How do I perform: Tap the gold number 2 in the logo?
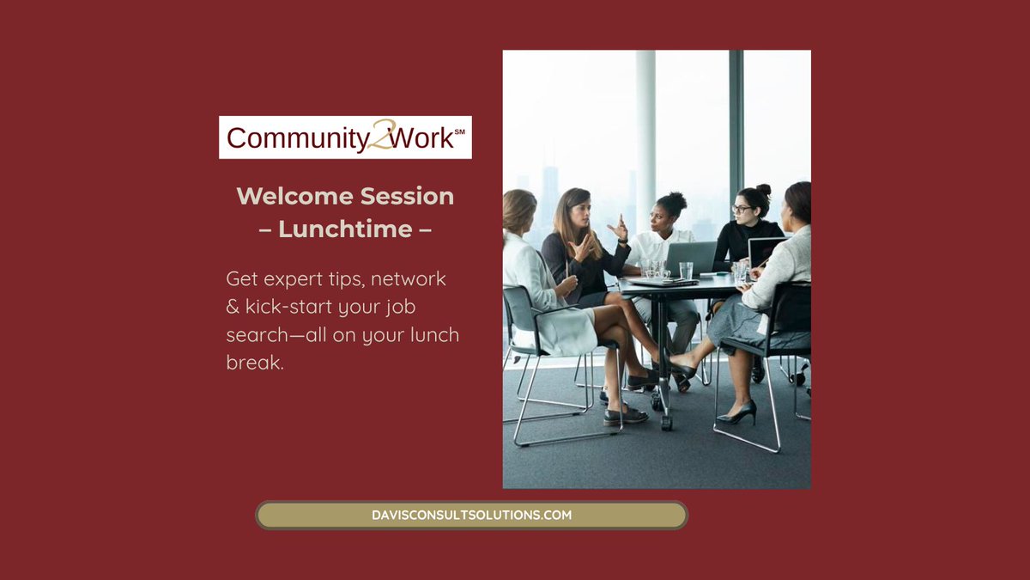379,137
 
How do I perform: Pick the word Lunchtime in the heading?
345,229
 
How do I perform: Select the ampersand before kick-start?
233,307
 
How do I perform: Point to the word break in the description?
255,363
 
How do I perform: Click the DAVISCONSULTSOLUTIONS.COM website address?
471,516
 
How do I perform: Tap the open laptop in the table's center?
692,258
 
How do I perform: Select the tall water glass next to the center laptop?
686,272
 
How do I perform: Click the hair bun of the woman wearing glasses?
763,190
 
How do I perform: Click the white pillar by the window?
645,137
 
